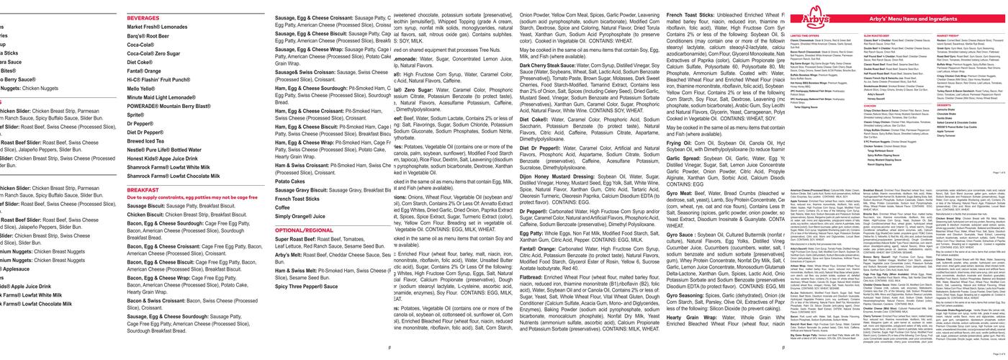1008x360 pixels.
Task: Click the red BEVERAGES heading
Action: coord(143,17)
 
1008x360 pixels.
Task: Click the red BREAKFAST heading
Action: coord(143,190)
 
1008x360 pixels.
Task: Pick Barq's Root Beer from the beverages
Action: coord(149,35)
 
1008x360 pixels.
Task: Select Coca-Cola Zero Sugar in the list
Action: coord(153,53)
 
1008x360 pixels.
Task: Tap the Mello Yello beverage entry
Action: coord(141,89)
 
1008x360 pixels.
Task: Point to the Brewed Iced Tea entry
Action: coord(146,141)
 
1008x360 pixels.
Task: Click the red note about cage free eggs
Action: coord(192,197)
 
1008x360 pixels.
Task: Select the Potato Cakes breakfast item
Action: coord(290,181)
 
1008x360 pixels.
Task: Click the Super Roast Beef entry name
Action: coord(300,239)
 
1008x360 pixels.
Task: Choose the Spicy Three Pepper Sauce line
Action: coord(307,286)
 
